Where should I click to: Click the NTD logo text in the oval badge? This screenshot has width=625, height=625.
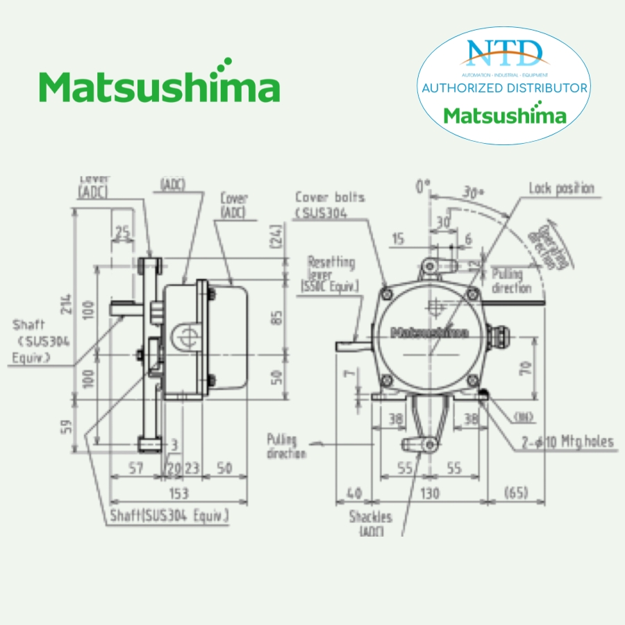click(505, 53)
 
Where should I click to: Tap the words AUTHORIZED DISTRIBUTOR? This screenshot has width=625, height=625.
click(505, 88)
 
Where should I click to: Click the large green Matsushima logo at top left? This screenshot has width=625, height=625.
click(160, 87)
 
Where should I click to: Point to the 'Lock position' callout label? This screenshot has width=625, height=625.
click(561, 188)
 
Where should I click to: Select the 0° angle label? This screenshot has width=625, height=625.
click(423, 186)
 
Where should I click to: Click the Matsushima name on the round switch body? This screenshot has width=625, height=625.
click(430, 332)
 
